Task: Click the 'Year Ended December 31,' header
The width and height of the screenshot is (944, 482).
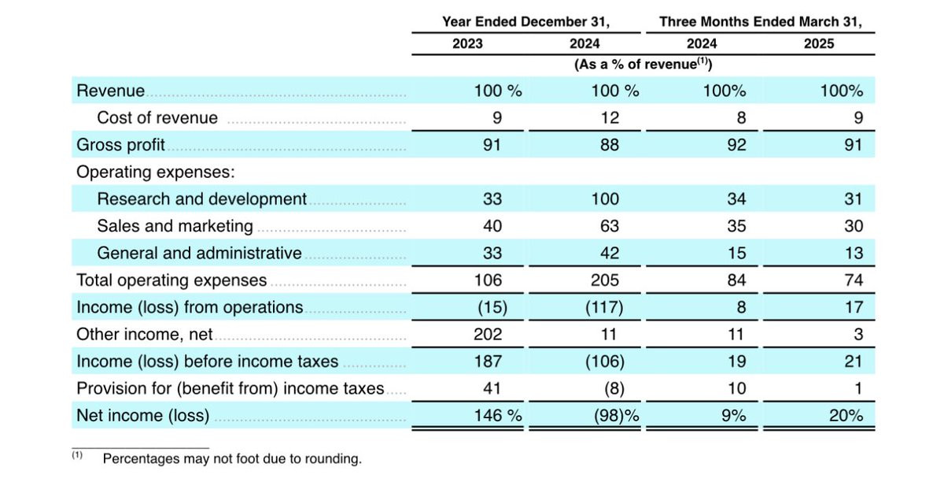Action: tap(525, 22)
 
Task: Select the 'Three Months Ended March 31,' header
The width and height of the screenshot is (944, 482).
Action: tap(761, 22)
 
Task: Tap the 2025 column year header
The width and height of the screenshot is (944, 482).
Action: tap(819, 44)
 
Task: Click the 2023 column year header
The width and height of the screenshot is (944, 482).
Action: tap(467, 44)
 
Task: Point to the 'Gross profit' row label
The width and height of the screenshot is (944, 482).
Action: tap(120, 145)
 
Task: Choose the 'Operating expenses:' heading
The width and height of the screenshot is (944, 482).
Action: tap(156, 172)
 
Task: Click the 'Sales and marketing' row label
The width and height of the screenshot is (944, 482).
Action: tap(175, 226)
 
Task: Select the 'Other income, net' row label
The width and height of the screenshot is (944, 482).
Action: tap(144, 334)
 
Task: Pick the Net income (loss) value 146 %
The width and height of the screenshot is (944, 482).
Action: tap(498, 415)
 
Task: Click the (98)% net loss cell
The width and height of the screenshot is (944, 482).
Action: tap(616, 416)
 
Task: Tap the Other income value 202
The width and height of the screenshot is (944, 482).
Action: tap(488, 334)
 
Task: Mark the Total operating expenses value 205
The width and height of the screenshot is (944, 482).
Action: tap(605, 280)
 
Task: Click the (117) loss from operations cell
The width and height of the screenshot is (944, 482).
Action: tap(604, 307)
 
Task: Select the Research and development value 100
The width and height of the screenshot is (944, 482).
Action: tap(605, 198)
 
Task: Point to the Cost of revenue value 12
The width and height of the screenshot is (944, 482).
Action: tap(610, 118)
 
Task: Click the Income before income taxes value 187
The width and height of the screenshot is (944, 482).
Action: tap(488, 361)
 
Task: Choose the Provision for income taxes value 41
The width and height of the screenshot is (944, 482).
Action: tap(492, 388)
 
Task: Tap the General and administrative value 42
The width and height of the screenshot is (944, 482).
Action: tap(610, 254)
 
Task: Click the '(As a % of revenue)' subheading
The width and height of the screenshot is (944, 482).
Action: tap(643, 65)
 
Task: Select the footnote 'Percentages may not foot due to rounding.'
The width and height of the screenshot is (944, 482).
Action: tap(232, 459)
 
